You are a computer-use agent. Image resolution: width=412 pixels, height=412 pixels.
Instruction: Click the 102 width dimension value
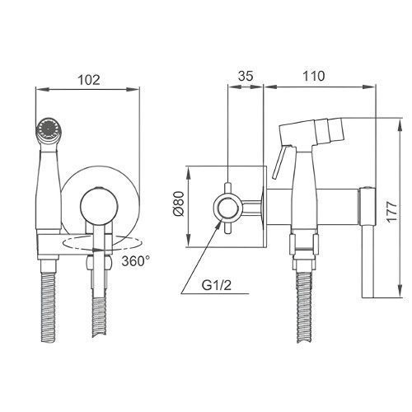point(89,80)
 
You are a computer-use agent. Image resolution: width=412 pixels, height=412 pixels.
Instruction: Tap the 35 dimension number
point(246,76)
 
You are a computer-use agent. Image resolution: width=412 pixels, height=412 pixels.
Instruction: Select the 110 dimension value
point(313,76)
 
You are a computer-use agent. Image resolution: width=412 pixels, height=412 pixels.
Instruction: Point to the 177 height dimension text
point(391,211)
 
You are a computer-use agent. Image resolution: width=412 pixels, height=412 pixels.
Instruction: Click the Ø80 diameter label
point(179,204)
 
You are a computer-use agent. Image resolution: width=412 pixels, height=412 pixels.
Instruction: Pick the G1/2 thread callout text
point(217,286)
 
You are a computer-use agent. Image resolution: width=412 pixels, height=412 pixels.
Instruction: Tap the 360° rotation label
point(136,261)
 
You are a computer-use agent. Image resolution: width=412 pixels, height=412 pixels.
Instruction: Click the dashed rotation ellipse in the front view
point(103,243)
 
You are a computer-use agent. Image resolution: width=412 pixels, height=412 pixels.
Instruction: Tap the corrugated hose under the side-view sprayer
point(304,307)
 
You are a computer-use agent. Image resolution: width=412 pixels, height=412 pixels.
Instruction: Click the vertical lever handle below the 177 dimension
point(368,262)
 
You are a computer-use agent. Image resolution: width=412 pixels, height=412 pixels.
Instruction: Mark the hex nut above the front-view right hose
point(99,262)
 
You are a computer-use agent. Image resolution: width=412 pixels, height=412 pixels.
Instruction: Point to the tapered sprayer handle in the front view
point(49,190)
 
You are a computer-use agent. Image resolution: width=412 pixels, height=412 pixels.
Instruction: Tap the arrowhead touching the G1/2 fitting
point(218,226)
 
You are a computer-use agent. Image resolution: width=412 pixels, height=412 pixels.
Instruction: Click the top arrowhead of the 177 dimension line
point(400,124)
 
